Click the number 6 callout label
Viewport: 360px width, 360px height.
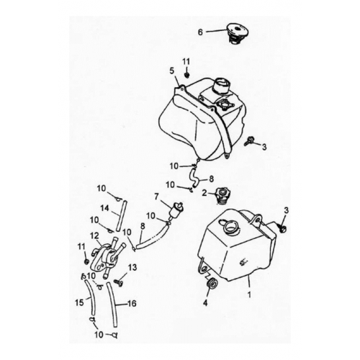[x=201, y=32]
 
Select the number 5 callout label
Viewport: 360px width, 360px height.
[x=172, y=71]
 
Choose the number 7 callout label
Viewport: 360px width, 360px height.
[x=156, y=196]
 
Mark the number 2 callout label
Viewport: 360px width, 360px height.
[x=204, y=193]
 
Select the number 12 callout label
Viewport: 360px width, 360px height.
[x=94, y=235]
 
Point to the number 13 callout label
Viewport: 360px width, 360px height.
[x=132, y=268]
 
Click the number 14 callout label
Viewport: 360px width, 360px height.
[x=105, y=207]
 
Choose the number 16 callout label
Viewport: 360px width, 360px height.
[x=132, y=305]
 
